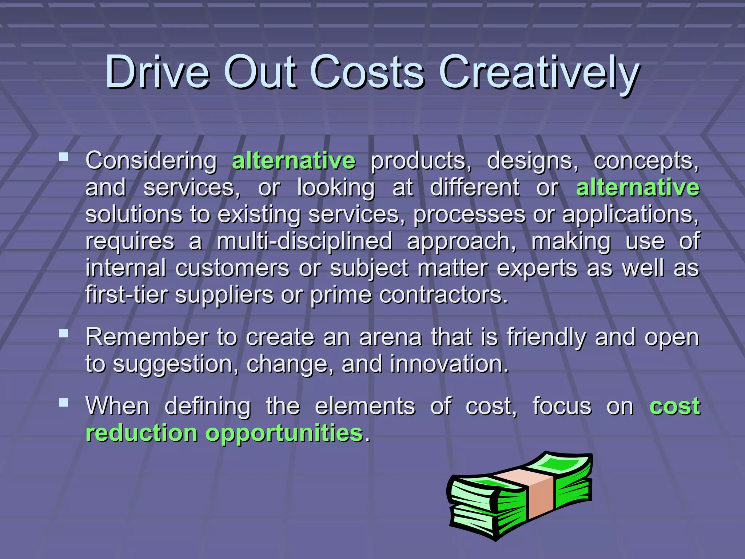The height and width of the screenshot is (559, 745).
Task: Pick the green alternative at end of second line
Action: [638, 187]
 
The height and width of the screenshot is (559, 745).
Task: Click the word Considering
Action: [151, 161]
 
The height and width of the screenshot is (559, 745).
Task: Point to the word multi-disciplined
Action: [304, 241]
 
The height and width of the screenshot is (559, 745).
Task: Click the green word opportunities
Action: [284, 433]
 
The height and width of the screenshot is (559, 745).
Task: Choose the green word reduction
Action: [142, 433]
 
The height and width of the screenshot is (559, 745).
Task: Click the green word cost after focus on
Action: [675, 406]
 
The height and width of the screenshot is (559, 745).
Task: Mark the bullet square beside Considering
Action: [64, 157]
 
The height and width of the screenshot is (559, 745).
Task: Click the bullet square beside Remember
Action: [64, 333]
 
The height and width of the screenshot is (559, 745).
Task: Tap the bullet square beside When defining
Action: [64, 402]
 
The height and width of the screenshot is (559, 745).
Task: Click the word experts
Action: [537, 269]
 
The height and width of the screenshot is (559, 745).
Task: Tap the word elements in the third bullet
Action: [364, 406]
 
